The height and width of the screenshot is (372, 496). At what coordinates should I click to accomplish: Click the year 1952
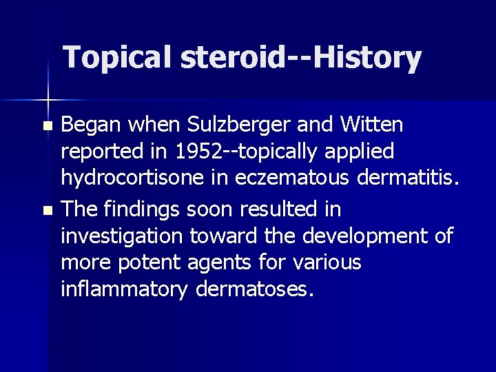click(198, 152)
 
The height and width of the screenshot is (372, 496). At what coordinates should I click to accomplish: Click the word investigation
click(122, 236)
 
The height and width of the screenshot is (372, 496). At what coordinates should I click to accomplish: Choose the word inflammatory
click(123, 289)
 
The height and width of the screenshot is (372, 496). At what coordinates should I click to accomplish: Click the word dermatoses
click(254, 289)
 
